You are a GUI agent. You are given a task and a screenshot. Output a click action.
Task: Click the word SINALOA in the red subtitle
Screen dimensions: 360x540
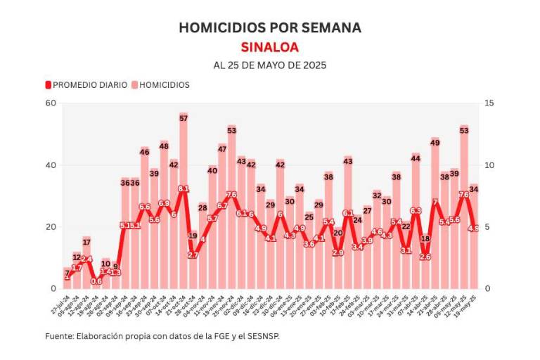270,47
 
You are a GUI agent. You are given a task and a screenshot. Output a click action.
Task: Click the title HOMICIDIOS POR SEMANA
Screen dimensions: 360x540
270,27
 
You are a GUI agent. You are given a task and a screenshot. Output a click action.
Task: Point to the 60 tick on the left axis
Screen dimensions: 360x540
51,103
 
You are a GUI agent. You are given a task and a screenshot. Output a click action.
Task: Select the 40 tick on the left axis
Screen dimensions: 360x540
51,165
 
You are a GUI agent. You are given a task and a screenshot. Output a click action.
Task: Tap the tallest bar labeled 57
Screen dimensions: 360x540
184,204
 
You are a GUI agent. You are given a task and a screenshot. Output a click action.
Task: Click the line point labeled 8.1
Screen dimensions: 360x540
184,188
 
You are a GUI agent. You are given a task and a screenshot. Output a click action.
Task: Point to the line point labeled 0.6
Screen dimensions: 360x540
96,282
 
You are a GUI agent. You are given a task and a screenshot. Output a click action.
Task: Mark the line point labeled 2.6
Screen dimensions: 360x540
425,257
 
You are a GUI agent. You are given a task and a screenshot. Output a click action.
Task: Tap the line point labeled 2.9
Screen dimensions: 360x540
338,253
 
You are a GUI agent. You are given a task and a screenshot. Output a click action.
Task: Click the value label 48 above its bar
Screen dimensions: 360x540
164,146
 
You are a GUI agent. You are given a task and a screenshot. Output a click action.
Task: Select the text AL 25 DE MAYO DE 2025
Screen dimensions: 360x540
270,65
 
